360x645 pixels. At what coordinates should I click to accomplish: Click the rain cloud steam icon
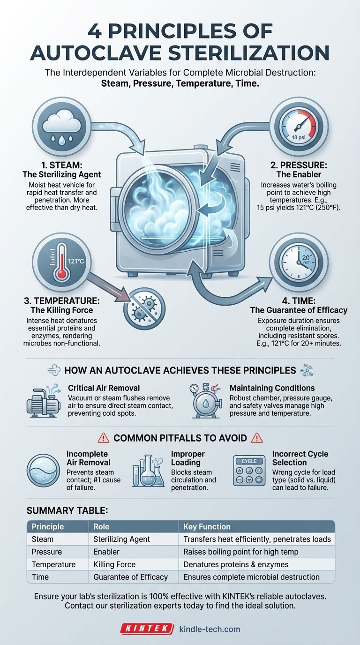coord(61,127)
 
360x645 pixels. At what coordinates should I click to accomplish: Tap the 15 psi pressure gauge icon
coord(299,127)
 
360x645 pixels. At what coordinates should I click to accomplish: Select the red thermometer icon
coord(61,262)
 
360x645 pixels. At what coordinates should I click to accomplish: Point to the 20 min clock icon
coord(299,262)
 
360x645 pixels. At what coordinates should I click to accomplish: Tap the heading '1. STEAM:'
coord(61,165)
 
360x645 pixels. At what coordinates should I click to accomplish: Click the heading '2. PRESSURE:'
coord(299,165)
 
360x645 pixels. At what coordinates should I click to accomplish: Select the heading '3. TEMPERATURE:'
coord(61,301)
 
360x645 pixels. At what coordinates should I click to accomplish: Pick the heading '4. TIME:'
coord(299,301)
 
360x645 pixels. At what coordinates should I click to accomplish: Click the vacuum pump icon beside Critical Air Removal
coord(44,400)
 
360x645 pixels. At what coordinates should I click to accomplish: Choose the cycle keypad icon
coord(249,471)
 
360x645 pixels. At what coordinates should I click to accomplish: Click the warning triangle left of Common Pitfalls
coord(104,438)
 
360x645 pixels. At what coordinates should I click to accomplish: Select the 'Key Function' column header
coord(207,527)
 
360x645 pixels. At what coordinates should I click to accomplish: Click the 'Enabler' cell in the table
coord(106,552)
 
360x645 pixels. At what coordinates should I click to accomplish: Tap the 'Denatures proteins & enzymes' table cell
coord(236,564)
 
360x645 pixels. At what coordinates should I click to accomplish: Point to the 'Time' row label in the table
coord(40,577)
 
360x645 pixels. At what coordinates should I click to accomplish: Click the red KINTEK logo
coord(147,629)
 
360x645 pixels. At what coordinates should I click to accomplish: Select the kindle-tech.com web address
coord(210,629)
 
